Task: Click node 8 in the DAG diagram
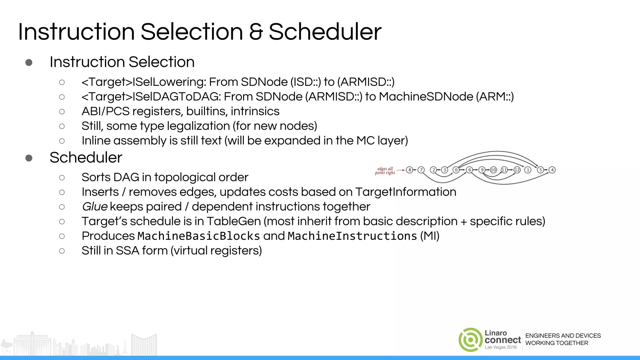pyautogui.click(x=409, y=170)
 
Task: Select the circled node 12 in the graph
pyautogui.click(x=517, y=170)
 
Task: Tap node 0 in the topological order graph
pyautogui.click(x=456, y=170)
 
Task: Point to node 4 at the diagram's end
pyautogui.click(x=552, y=170)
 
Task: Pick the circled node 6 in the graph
pyautogui.click(x=469, y=170)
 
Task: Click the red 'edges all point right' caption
pyautogui.click(x=385, y=171)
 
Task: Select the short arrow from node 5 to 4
pyautogui.click(x=546, y=170)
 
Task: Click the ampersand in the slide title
pyautogui.click(x=256, y=32)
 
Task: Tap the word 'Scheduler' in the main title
pyautogui.click(x=325, y=32)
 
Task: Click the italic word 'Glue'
pyautogui.click(x=95, y=207)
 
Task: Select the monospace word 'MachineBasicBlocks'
pyautogui.click(x=199, y=236)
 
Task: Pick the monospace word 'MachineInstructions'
pyautogui.click(x=352, y=236)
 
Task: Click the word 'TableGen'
pyautogui.click(x=234, y=221)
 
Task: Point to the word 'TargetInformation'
pyautogui.click(x=406, y=192)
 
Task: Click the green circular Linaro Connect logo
pyautogui.click(x=471, y=340)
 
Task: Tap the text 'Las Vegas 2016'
pyautogui.click(x=501, y=347)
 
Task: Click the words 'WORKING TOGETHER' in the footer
pyautogui.click(x=557, y=343)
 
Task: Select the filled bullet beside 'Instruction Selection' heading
pyautogui.click(x=29, y=62)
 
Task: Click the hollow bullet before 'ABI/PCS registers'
pyautogui.click(x=62, y=112)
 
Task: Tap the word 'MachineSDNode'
pyautogui.click(x=426, y=97)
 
